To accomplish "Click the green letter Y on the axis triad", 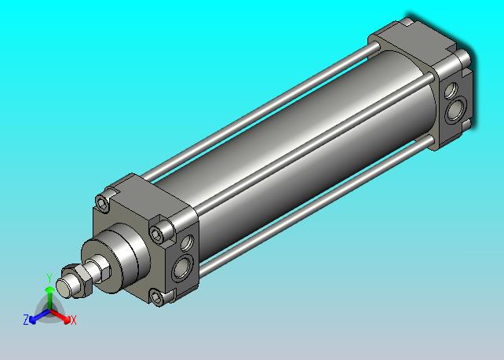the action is coord(49,278).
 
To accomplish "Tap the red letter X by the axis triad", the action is coord(74,320).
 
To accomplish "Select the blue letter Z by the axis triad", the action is coord(26,319).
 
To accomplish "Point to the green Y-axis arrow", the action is coord(49,299).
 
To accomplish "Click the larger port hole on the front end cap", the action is coord(182,267).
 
